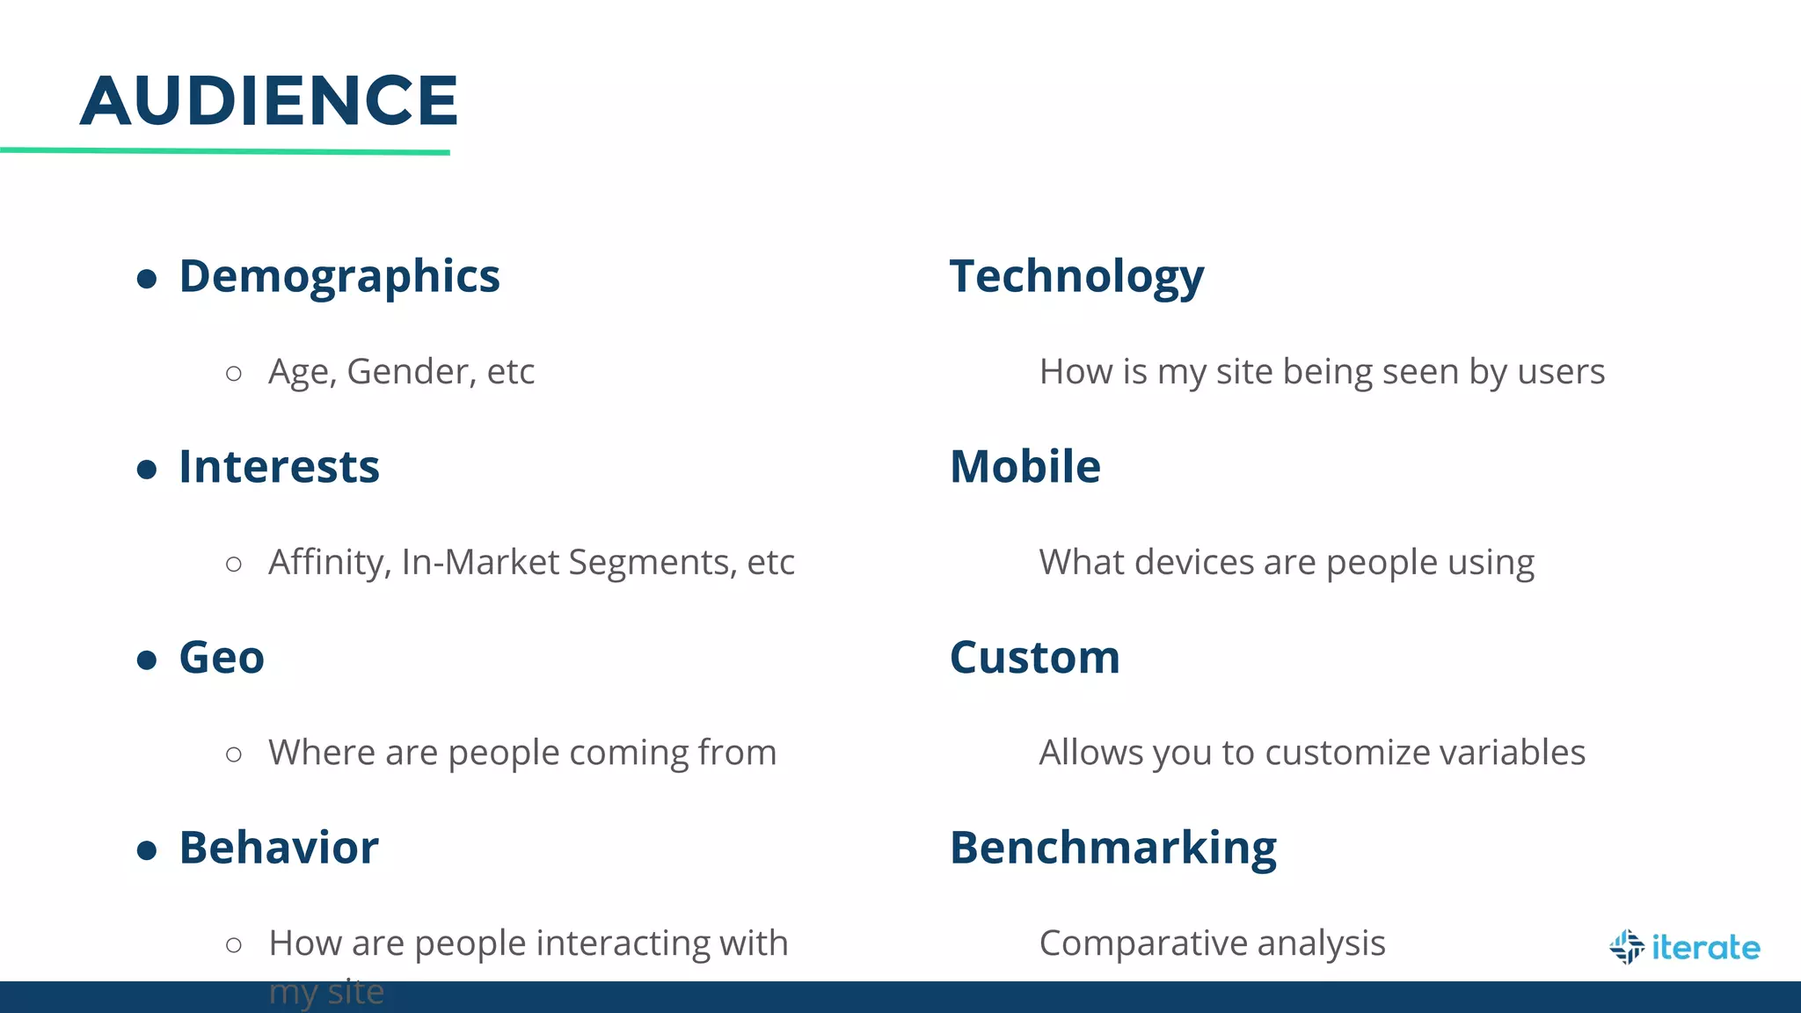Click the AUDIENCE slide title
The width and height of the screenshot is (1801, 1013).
pyautogui.click(x=269, y=100)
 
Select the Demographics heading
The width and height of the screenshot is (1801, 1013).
pyautogui.click(x=339, y=276)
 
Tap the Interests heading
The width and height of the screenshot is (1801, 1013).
pyautogui.click(x=279, y=466)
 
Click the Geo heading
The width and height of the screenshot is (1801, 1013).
pyautogui.click(x=222, y=657)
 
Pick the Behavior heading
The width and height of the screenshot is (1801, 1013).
pyautogui.click(x=279, y=848)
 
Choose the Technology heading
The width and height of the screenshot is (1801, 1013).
pyautogui.click(x=1076, y=276)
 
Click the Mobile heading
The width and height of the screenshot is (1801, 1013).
pyautogui.click(x=1024, y=466)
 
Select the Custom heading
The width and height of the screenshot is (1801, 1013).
pyautogui.click(x=1034, y=657)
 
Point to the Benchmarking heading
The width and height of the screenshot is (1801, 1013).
pyautogui.click(x=1112, y=848)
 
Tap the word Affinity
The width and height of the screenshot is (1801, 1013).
pyautogui.click(x=328, y=563)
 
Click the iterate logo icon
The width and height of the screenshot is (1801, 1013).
pyautogui.click(x=1626, y=947)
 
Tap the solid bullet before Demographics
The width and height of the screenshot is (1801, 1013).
pyautogui.click(x=147, y=280)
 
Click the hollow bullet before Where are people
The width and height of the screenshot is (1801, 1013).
pyautogui.click(x=234, y=754)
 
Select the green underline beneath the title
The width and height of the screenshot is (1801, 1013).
pyautogui.click(x=225, y=151)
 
